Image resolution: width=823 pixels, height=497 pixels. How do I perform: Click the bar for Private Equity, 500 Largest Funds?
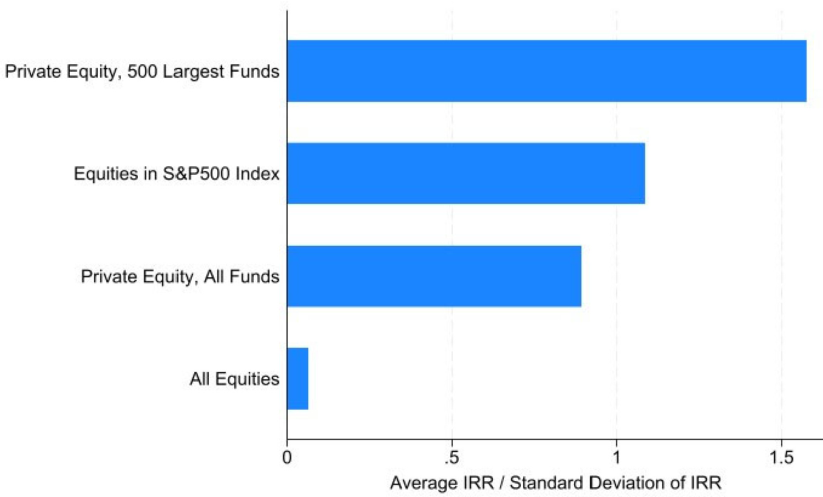(547, 71)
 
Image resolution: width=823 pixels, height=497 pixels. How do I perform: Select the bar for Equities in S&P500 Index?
(466, 173)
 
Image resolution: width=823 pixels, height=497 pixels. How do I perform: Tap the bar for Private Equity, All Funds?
(435, 276)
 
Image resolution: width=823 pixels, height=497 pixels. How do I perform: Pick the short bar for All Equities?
(297, 379)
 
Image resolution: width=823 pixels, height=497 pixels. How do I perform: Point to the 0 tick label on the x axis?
(287, 458)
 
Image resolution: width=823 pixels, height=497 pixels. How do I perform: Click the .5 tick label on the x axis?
(452, 458)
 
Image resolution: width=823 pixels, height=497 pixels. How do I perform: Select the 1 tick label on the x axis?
(616, 458)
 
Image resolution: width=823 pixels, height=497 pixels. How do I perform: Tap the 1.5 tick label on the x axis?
(781, 458)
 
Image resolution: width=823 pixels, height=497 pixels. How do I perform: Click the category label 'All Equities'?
(234, 379)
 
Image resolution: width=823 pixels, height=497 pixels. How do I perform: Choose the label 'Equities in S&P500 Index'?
(177, 174)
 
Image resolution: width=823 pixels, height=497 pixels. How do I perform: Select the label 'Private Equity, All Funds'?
(180, 277)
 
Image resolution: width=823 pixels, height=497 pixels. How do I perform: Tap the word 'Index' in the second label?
(257, 174)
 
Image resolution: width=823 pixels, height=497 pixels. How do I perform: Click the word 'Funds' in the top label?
(254, 71)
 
